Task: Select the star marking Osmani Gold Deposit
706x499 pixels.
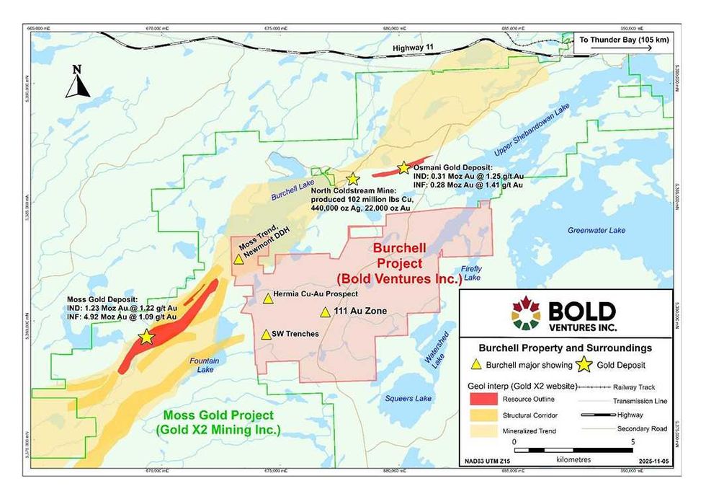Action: pyautogui.click(x=403, y=167)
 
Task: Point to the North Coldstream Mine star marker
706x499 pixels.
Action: pyautogui.click(x=352, y=178)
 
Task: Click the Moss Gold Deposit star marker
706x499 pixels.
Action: pyautogui.click(x=146, y=337)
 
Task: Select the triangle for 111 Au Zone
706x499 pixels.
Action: pyautogui.click(x=326, y=312)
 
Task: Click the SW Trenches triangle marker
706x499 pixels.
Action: pyautogui.click(x=266, y=335)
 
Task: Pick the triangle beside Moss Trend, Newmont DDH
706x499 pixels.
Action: pyautogui.click(x=238, y=259)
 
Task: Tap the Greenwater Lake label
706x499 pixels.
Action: pyautogui.click(x=596, y=231)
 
